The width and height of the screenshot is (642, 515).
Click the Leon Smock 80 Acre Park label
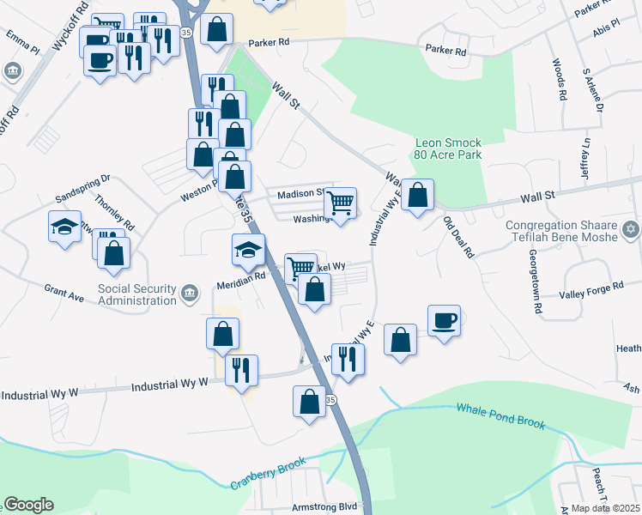[448, 148]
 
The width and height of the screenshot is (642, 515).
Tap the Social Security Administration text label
[136, 294]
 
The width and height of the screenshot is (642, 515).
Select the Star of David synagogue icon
[632, 229]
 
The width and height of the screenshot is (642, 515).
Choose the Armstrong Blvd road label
[324, 506]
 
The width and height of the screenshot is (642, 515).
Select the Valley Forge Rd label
[591, 289]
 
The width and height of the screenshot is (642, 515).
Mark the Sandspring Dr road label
[82, 184]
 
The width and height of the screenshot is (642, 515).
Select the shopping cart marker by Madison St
[341, 203]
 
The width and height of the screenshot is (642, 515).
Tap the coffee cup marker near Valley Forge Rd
[444, 320]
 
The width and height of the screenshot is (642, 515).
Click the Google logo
[28, 505]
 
